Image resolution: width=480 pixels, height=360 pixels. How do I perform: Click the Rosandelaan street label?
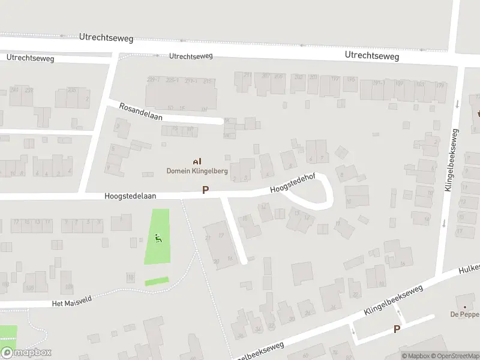pyautogui.click(x=141, y=110)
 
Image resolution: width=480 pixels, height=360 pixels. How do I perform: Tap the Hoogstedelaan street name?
pyautogui.click(x=130, y=196)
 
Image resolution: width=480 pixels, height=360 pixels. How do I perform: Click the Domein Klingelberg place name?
pyautogui.click(x=197, y=171)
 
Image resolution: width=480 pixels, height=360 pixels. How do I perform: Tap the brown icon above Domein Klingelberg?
pyautogui.click(x=197, y=161)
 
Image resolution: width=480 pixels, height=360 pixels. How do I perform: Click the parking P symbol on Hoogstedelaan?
pyautogui.click(x=205, y=190)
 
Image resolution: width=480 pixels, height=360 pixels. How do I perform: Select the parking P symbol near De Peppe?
pyautogui.click(x=396, y=329)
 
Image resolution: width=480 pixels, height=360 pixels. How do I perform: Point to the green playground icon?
pyautogui.click(x=158, y=238)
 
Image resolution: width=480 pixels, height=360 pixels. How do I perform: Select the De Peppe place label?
pyautogui.click(x=465, y=314)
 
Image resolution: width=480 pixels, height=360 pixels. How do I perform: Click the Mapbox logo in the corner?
pyautogui.click(x=26, y=353)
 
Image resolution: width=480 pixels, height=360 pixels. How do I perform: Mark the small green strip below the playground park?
pyautogui.click(x=157, y=281)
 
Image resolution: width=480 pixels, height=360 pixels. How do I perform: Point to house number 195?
pyautogui.click(x=351, y=79)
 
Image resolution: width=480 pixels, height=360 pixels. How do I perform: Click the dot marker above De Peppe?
pyautogui.click(x=461, y=299)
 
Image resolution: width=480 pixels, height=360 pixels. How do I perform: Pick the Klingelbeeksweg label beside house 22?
pyautogui.click(x=393, y=301)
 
